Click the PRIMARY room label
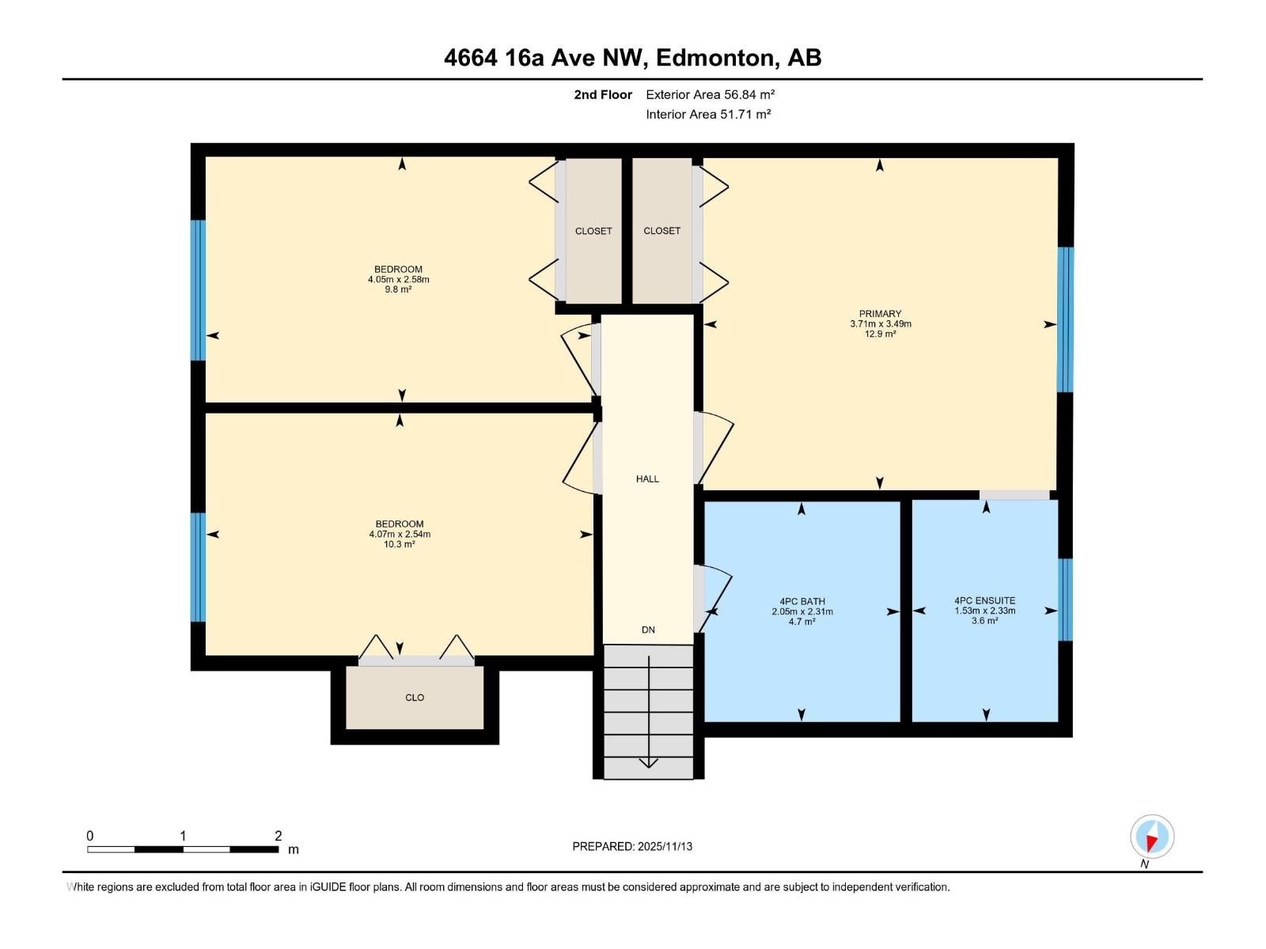(880, 314)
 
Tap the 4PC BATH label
(802, 601)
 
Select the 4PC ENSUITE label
(984, 600)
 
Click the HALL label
(647, 478)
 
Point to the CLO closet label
(415, 698)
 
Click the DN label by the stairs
(648, 630)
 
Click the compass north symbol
(1152, 837)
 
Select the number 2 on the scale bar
(278, 836)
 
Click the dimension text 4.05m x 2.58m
(398, 279)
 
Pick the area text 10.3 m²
(399, 544)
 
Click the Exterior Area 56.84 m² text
(710, 94)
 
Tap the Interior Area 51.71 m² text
(708, 114)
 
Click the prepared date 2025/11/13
(664, 846)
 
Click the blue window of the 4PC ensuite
(1065, 599)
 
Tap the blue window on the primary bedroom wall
(1065, 319)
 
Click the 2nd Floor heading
(603, 94)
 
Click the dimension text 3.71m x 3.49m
(880, 324)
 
